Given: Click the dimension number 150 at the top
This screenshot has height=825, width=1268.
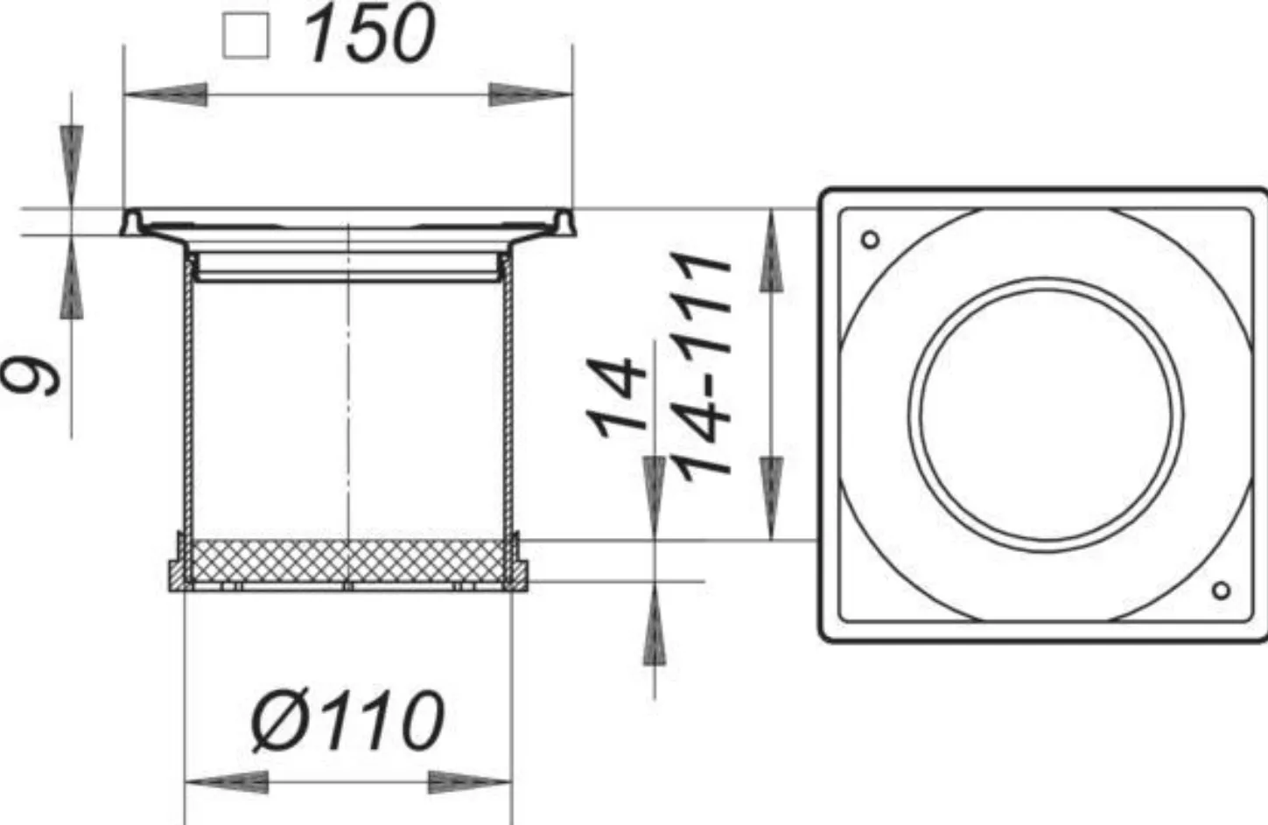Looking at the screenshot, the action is [370, 35].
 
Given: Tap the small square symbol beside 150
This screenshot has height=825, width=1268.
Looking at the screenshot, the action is [246, 36].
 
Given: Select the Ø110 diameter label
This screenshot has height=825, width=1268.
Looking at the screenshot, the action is [347, 721].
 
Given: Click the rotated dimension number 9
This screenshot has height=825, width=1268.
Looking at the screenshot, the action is [32, 377].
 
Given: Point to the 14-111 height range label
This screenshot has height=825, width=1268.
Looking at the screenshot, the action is [702, 366].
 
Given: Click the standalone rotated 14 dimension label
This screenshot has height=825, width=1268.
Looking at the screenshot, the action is [616, 397].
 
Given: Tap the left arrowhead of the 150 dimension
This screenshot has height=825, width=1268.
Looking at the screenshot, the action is [165, 94].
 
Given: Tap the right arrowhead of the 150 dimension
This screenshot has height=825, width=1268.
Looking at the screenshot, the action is [530, 94].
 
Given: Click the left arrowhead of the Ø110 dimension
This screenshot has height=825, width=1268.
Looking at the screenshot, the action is [227, 782].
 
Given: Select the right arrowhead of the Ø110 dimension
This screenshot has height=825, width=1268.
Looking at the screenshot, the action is [470, 782].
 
